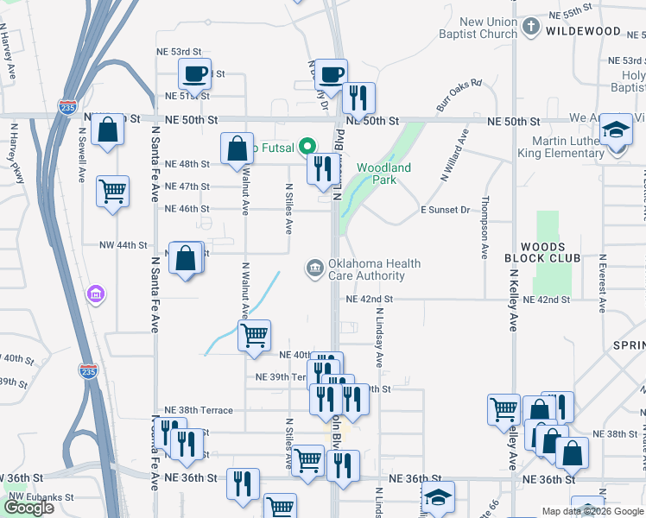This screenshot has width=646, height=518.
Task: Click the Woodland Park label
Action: point(383,174)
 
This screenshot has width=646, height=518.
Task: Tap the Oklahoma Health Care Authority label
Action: point(366,270)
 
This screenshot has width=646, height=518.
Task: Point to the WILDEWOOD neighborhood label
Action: point(583,31)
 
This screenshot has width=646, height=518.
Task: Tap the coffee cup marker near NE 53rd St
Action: point(194,73)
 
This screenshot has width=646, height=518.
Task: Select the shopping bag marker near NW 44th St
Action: point(187,257)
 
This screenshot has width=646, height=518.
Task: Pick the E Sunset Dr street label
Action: point(445,210)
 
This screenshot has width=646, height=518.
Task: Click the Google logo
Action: point(29,508)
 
